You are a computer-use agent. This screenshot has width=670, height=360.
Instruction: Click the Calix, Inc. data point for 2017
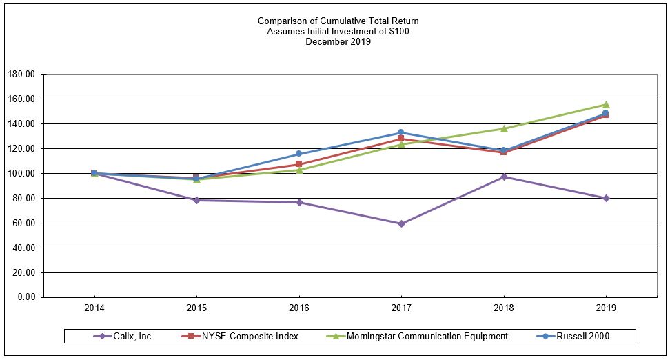401,223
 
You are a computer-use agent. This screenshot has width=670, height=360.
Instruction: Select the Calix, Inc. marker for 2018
504,177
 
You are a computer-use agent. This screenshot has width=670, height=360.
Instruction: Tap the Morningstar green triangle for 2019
606,105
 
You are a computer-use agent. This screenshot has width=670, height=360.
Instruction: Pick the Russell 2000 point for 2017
401,132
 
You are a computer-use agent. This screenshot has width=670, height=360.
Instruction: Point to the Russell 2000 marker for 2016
299,154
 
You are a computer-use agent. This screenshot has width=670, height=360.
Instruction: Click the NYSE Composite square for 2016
299,164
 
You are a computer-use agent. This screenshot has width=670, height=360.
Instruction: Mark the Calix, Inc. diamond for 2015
196,200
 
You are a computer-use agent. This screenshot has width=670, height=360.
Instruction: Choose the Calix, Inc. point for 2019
606,198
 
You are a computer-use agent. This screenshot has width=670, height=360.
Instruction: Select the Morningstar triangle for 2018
504,128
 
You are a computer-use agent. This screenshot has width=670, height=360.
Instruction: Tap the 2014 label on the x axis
94,308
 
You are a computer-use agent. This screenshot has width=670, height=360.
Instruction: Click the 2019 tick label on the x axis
606,308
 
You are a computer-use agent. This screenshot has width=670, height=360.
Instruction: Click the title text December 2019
338,42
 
